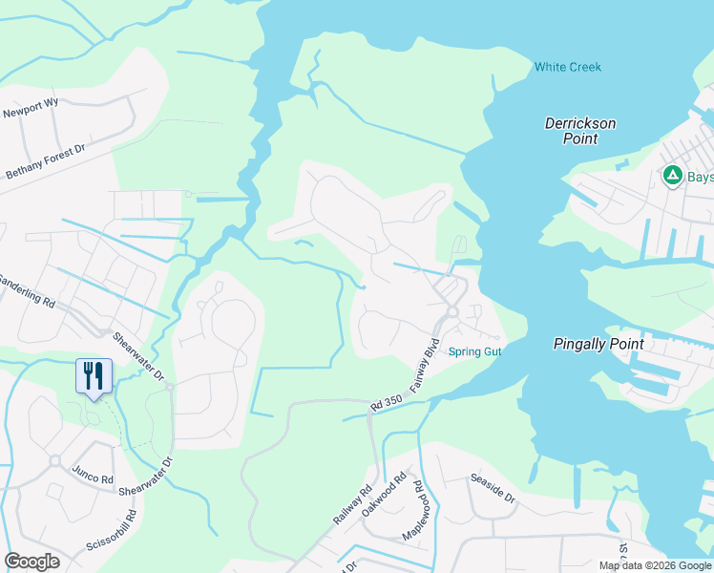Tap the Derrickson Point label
pos(580,131)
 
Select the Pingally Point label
pos(598,344)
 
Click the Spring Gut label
pos(474,351)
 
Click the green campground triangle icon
pos(672,176)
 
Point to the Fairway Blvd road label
pos(424,366)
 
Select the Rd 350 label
pos(388,403)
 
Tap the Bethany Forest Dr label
pos(46,160)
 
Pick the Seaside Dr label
pos(492,486)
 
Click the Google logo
pos(31,562)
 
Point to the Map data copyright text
pos(655,565)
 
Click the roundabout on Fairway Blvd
pos(452,311)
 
